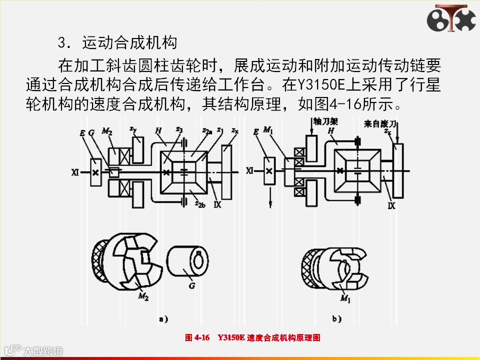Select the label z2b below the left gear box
coord(200,205)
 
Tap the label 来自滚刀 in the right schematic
coord(384,122)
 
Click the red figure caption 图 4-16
coord(196,338)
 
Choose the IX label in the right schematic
coord(391,205)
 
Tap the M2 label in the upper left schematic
coord(106,131)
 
